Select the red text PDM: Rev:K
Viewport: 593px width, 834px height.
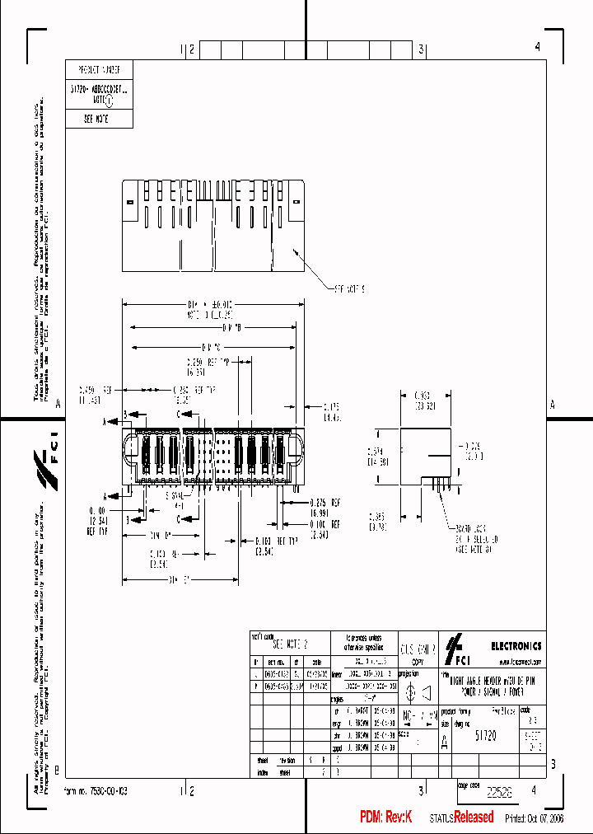[385, 817]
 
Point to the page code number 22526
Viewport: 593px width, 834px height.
[498, 791]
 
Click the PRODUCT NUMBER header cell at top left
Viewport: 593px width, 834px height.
[98, 70]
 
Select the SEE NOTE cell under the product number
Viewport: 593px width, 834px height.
[98, 119]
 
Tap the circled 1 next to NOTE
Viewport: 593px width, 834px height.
[124, 96]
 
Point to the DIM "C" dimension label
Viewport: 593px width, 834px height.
[210, 347]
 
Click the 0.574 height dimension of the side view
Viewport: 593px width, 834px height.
[376, 456]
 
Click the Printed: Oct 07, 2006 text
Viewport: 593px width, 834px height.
[535, 818]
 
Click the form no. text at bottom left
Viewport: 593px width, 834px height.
[96, 790]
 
